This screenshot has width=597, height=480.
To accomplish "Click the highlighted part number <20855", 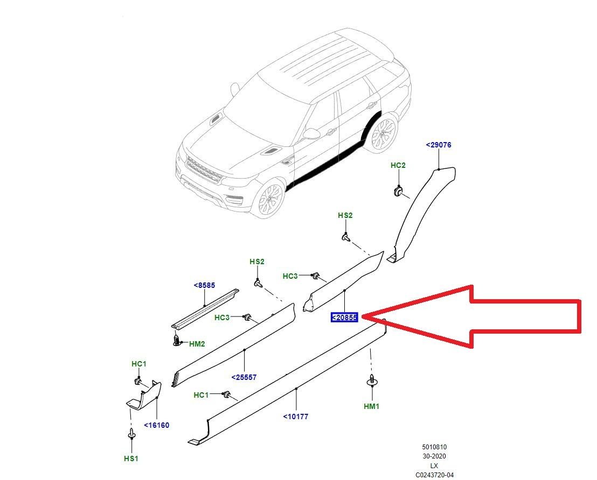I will point(344,317).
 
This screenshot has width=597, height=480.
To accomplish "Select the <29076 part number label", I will point(438,145).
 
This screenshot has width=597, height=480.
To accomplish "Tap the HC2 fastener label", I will point(398,165).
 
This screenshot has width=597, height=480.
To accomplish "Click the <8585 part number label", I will point(204,286).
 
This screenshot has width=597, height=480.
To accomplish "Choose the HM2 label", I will point(197,343).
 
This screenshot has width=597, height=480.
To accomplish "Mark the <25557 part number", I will point(244,377).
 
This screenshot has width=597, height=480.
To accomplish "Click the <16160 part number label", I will point(156,425).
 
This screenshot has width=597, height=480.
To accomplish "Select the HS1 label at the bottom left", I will point(131,458).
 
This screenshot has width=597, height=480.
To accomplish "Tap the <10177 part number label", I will point(296,416).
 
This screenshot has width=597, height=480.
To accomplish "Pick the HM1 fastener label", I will point(371,406).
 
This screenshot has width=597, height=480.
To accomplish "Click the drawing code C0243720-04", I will point(434,475).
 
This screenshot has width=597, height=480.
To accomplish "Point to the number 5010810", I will point(434,447).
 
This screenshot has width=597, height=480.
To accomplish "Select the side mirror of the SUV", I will point(312,133).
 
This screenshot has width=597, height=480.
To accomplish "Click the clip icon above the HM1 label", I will point(371,382).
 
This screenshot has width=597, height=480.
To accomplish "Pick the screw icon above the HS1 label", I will point(131,433).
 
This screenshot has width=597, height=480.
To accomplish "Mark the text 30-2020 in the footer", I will point(434,456).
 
